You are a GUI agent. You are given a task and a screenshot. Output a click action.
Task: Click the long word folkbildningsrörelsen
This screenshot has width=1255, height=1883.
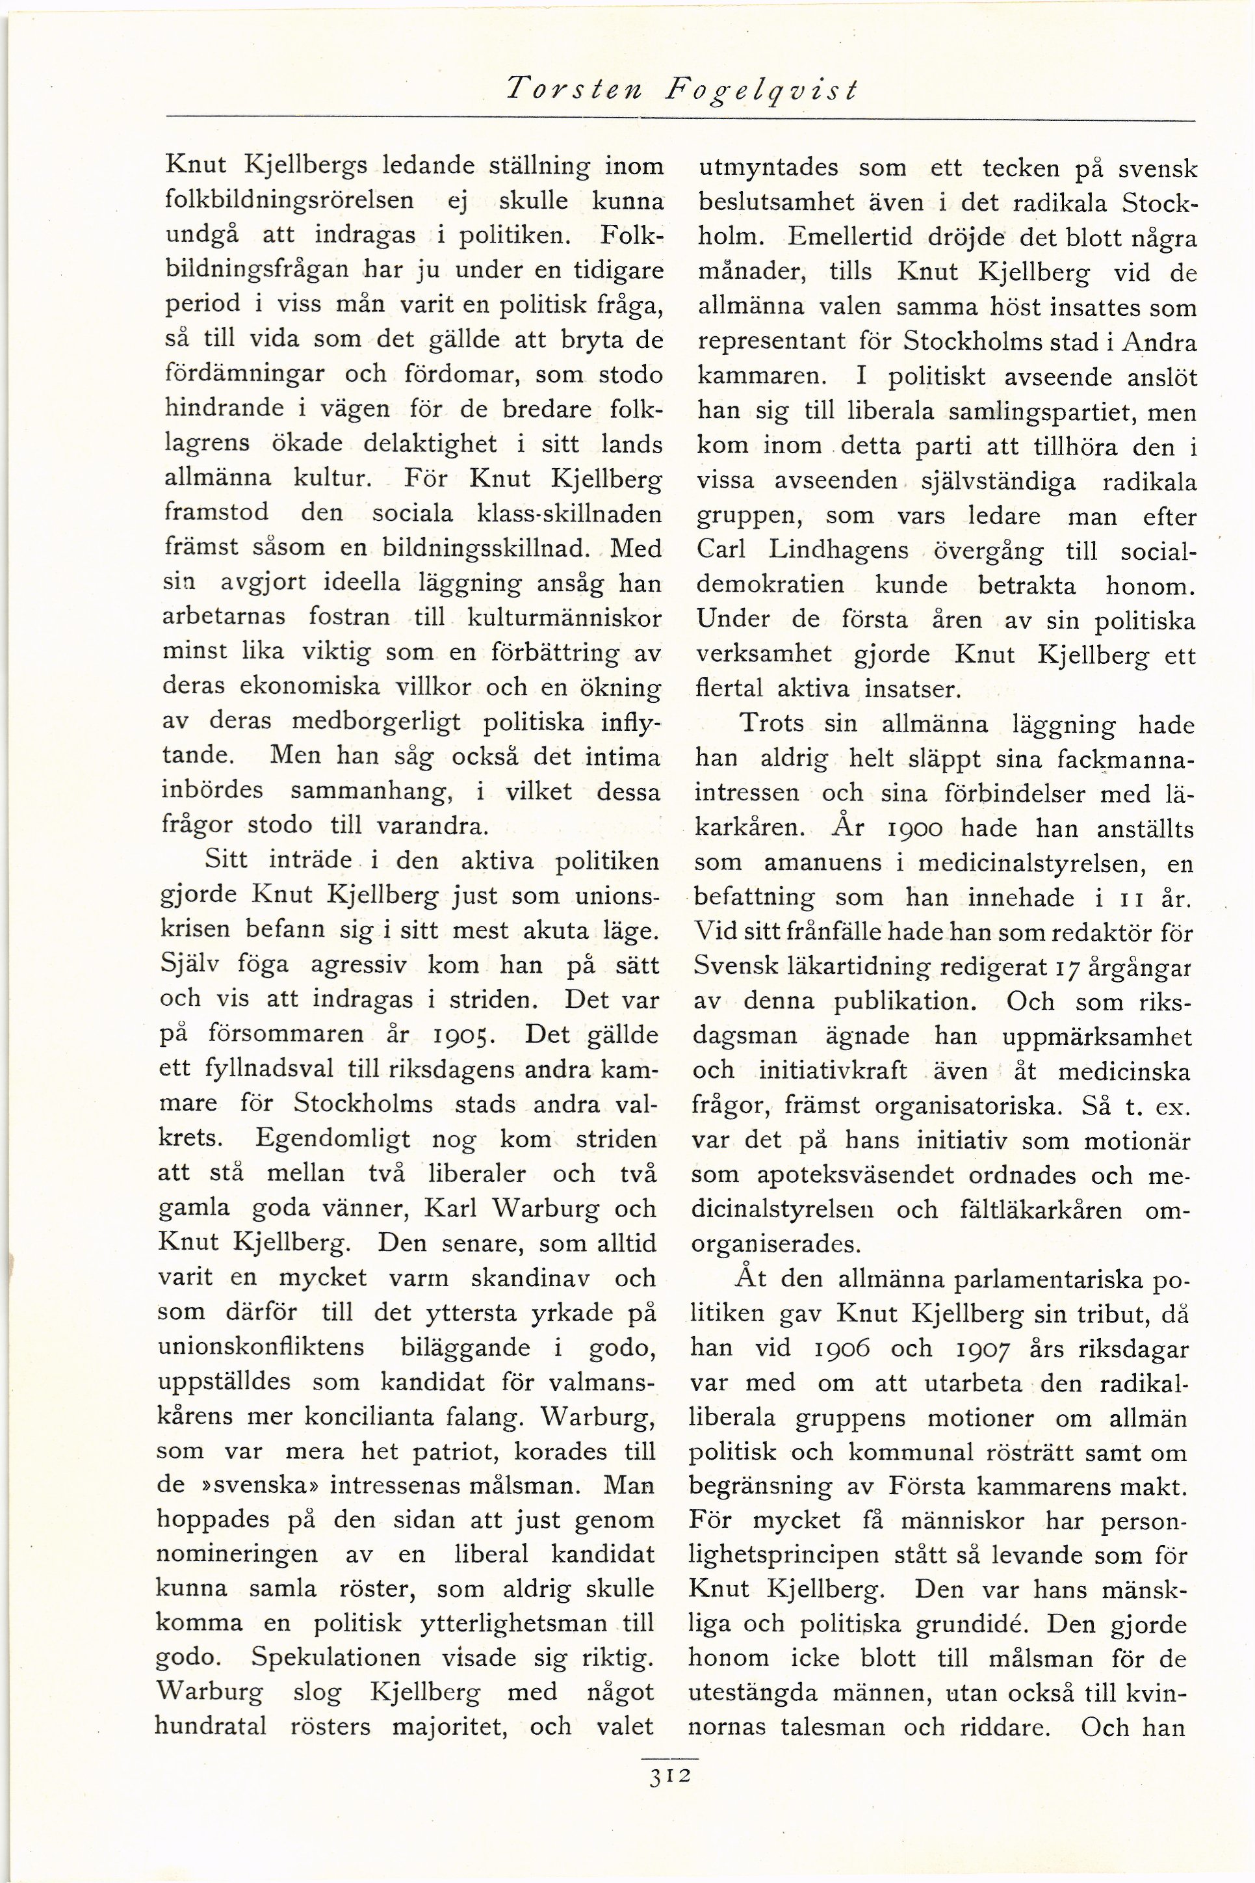290,200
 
